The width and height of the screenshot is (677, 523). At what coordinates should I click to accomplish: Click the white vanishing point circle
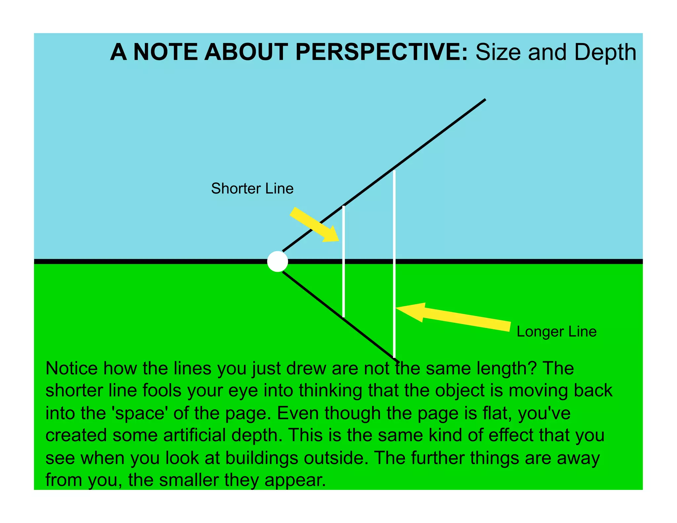(277, 261)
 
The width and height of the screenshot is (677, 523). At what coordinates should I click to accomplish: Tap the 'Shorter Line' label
(252, 188)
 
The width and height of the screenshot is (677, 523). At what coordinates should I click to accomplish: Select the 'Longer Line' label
(556, 332)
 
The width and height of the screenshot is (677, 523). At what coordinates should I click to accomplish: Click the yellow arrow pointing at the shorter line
(314, 225)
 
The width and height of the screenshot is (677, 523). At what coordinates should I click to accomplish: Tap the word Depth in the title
(605, 52)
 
